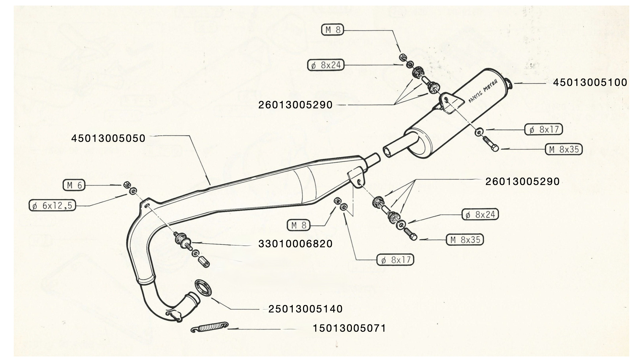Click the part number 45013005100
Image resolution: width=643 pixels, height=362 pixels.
point(590,82)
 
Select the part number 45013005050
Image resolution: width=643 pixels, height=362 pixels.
point(108,138)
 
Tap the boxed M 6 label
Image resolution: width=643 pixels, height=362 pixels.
point(74,185)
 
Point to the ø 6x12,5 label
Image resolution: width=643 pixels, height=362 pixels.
point(52,205)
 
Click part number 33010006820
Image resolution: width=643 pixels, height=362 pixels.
point(295,244)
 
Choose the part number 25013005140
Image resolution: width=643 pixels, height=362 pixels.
point(305,309)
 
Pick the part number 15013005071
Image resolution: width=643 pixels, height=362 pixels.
point(349,328)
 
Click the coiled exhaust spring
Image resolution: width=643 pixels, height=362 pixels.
point(209,326)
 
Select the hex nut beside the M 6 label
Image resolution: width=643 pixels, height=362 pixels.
point(127,185)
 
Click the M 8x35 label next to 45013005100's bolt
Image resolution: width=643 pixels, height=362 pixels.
point(564,149)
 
